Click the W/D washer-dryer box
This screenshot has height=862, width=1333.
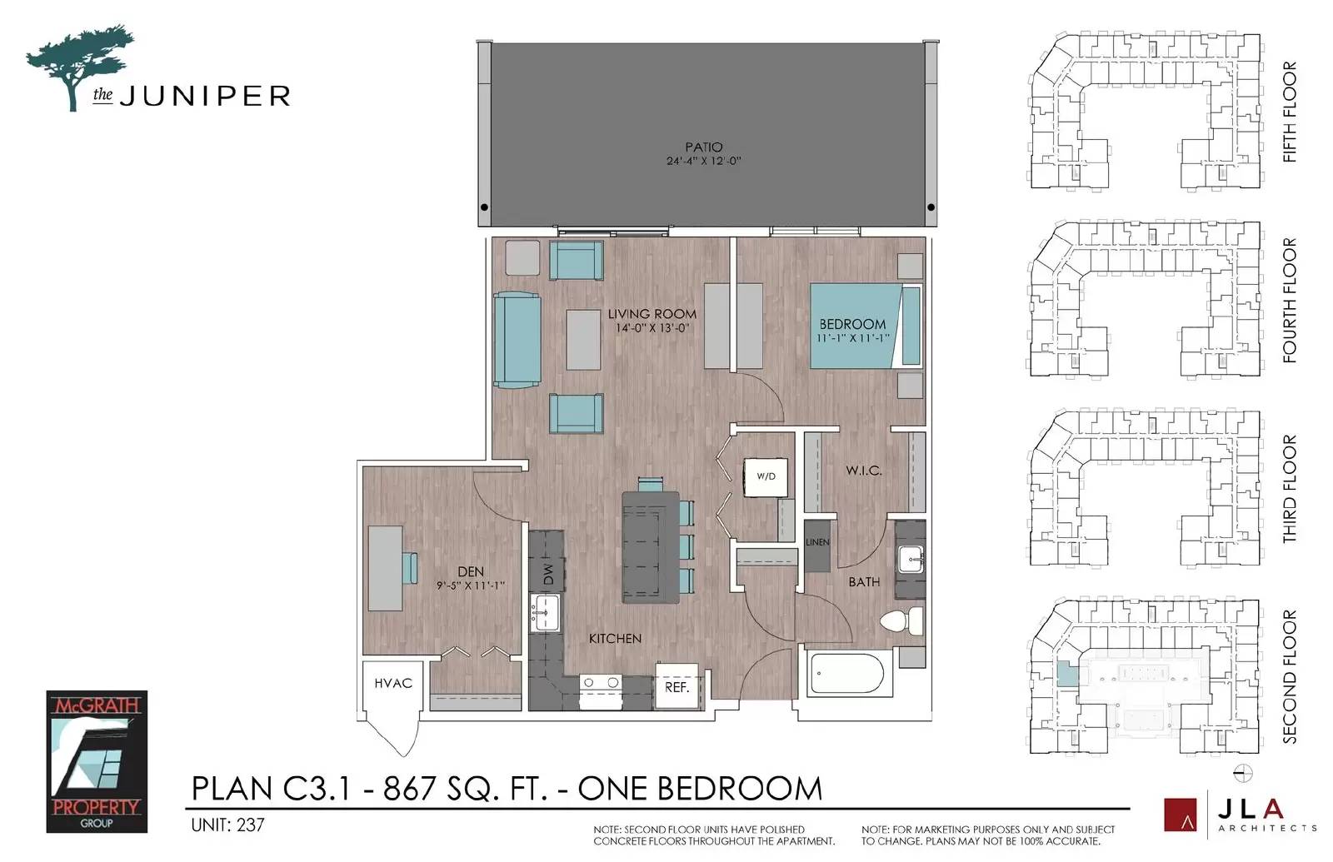[x=766, y=477]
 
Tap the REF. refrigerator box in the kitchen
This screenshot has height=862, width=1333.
[x=676, y=686]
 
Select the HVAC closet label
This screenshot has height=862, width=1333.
[x=392, y=684]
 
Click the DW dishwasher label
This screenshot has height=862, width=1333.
[x=548, y=574]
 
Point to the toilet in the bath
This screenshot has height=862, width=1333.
[x=901, y=621]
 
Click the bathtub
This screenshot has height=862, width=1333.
[x=846, y=675]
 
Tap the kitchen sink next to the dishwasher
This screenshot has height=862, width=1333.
[x=545, y=613]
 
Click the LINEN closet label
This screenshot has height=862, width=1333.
[x=817, y=542]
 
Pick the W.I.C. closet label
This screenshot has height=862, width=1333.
[x=863, y=471]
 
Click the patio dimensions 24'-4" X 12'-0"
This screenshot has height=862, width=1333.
[x=703, y=161]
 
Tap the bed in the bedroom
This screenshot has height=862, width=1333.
[x=866, y=326]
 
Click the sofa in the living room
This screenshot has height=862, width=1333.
[x=517, y=340]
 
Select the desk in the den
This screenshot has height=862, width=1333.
[x=385, y=568]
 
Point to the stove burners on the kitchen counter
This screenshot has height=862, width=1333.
[x=600, y=683]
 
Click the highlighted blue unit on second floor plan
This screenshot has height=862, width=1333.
[x=1067, y=675]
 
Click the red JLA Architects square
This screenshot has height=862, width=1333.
[x=1180, y=814]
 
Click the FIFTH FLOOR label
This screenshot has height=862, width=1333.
[x=1289, y=112]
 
